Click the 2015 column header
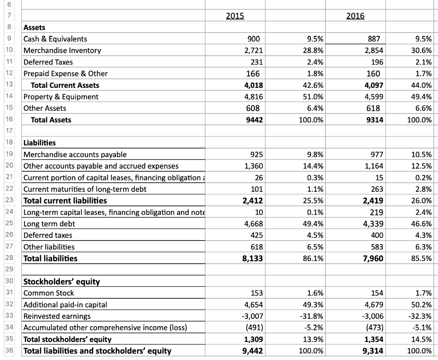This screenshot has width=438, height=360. coord(235,16)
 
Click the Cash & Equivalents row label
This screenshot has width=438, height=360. coord(55,39)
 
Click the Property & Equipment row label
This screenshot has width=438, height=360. coord(61,97)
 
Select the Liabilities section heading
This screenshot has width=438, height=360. coord(39,143)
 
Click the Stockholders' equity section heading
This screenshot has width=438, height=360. coord(61,282)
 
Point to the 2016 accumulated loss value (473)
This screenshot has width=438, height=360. coord(374,328)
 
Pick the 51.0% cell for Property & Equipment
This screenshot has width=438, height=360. coord(313,97)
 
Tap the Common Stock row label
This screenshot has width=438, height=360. coord(49,293)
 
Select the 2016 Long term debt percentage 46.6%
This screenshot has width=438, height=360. coord(421,223)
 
